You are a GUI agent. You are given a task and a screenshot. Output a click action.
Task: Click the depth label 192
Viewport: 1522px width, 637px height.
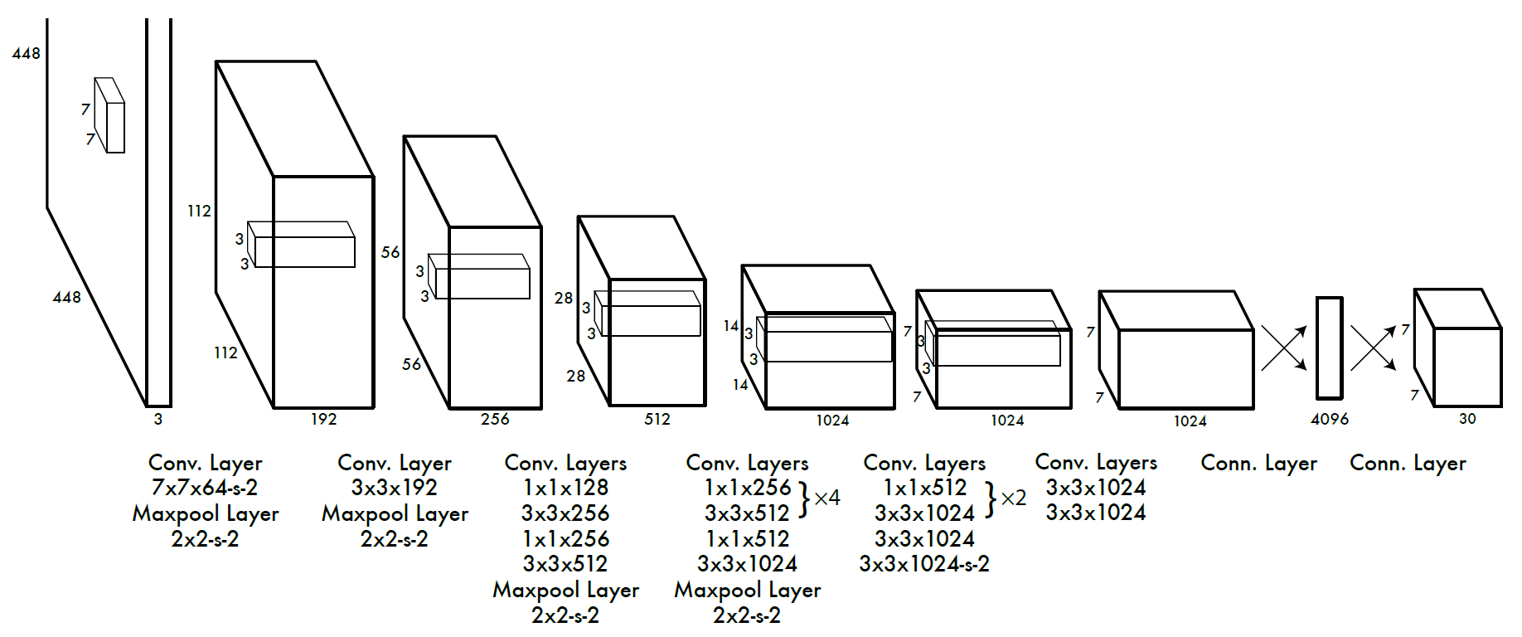pyautogui.click(x=324, y=419)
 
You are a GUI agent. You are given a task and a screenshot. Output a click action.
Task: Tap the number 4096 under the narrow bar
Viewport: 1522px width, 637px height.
pyautogui.click(x=1330, y=419)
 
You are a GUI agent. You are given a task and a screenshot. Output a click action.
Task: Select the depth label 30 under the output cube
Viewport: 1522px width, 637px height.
pyautogui.click(x=1467, y=419)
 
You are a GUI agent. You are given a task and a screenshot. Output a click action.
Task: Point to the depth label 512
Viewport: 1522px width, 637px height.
pyautogui.click(x=657, y=419)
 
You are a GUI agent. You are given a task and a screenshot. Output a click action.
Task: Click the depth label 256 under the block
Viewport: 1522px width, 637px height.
pyautogui.click(x=495, y=419)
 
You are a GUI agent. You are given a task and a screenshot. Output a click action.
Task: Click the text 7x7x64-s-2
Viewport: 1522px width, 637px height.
pyautogui.click(x=205, y=488)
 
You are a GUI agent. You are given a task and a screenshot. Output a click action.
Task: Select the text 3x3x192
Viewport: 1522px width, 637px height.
pyautogui.click(x=395, y=488)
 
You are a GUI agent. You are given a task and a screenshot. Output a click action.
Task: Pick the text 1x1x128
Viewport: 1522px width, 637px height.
pyautogui.click(x=565, y=488)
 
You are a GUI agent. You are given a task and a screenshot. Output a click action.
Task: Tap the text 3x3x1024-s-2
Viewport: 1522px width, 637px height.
pyautogui.click(x=924, y=564)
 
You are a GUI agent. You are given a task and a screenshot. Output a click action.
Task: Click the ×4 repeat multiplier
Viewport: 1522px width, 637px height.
pyautogui.click(x=827, y=498)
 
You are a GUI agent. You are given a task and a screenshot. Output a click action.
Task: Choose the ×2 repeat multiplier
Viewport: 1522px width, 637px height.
pyautogui.click(x=1014, y=498)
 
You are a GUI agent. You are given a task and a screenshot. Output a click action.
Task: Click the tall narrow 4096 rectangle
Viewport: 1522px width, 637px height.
pyautogui.click(x=1330, y=348)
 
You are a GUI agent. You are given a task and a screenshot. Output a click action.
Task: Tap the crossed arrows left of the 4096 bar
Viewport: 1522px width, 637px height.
pyautogui.click(x=1284, y=348)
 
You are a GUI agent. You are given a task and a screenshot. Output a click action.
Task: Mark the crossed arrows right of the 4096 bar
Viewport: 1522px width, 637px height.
pyautogui.click(x=1374, y=348)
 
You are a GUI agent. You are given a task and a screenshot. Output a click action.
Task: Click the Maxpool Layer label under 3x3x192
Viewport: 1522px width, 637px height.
pyautogui.click(x=395, y=514)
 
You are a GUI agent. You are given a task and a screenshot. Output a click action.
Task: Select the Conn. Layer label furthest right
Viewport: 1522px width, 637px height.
pyautogui.click(x=1408, y=463)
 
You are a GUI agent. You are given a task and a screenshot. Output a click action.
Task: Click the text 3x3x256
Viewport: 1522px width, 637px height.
pyautogui.click(x=565, y=513)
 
